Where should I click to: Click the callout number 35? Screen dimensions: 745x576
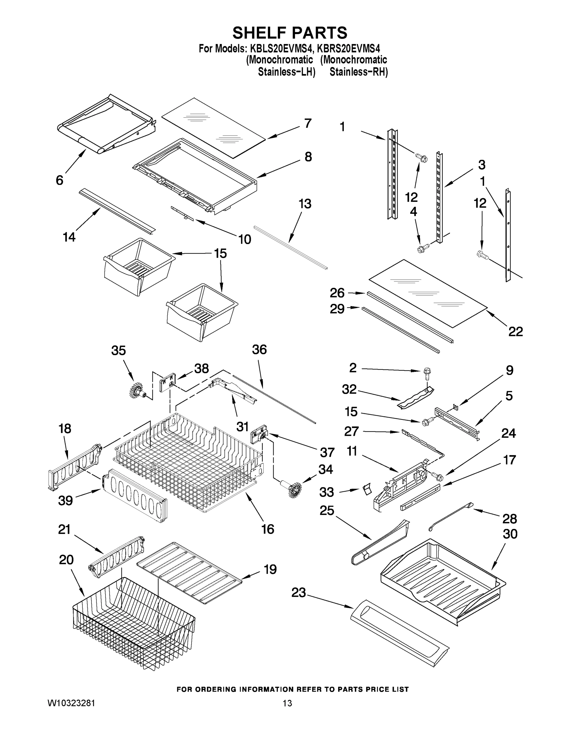coord(118,351)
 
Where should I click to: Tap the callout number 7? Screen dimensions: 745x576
coord(308,123)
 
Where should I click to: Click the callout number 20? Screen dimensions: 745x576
coord(66,560)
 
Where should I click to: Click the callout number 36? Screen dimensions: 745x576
coord(259,350)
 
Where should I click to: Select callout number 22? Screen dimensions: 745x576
coord(515,331)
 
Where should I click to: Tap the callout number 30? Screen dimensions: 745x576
coord(510,534)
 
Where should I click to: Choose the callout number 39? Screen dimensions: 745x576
coord(66,500)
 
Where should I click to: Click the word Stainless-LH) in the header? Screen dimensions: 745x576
coord(286,72)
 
